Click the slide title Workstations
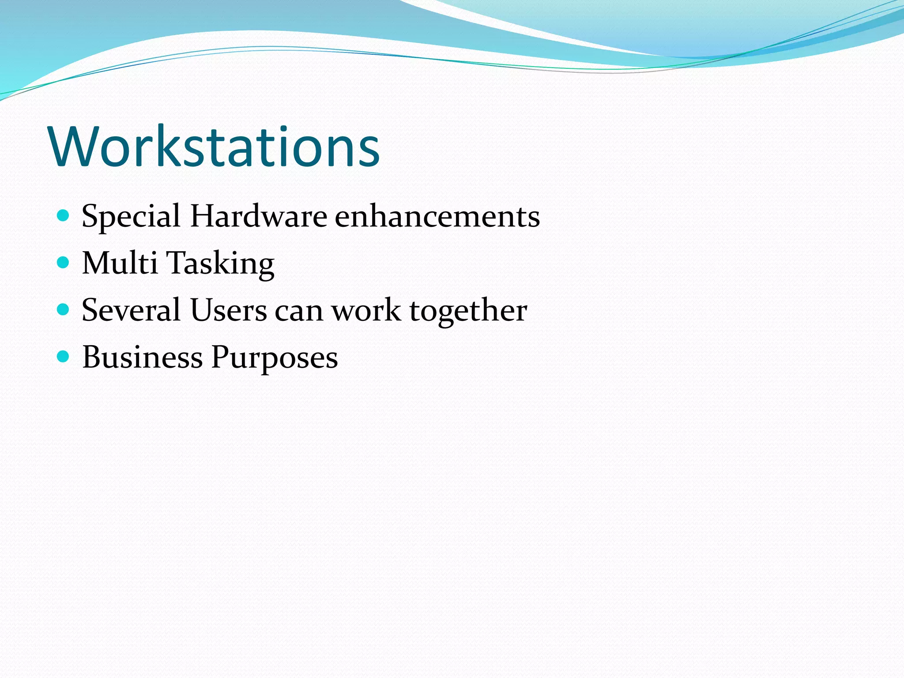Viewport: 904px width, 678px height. [x=215, y=147]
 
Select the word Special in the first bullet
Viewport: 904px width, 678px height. [x=131, y=217]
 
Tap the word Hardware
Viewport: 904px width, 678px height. [x=259, y=216]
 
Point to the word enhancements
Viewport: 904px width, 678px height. [x=437, y=216]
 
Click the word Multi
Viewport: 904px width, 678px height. [x=120, y=263]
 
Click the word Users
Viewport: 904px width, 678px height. [x=229, y=310]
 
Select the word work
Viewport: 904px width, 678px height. [x=366, y=310]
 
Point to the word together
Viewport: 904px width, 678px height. [x=468, y=311]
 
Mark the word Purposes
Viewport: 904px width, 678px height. [x=275, y=358]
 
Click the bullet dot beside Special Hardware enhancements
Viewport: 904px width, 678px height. [x=64, y=216]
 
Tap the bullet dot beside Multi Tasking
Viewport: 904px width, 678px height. [x=64, y=263]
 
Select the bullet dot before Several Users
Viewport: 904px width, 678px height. [x=64, y=309]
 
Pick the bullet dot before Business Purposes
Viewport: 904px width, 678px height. [x=64, y=356]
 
